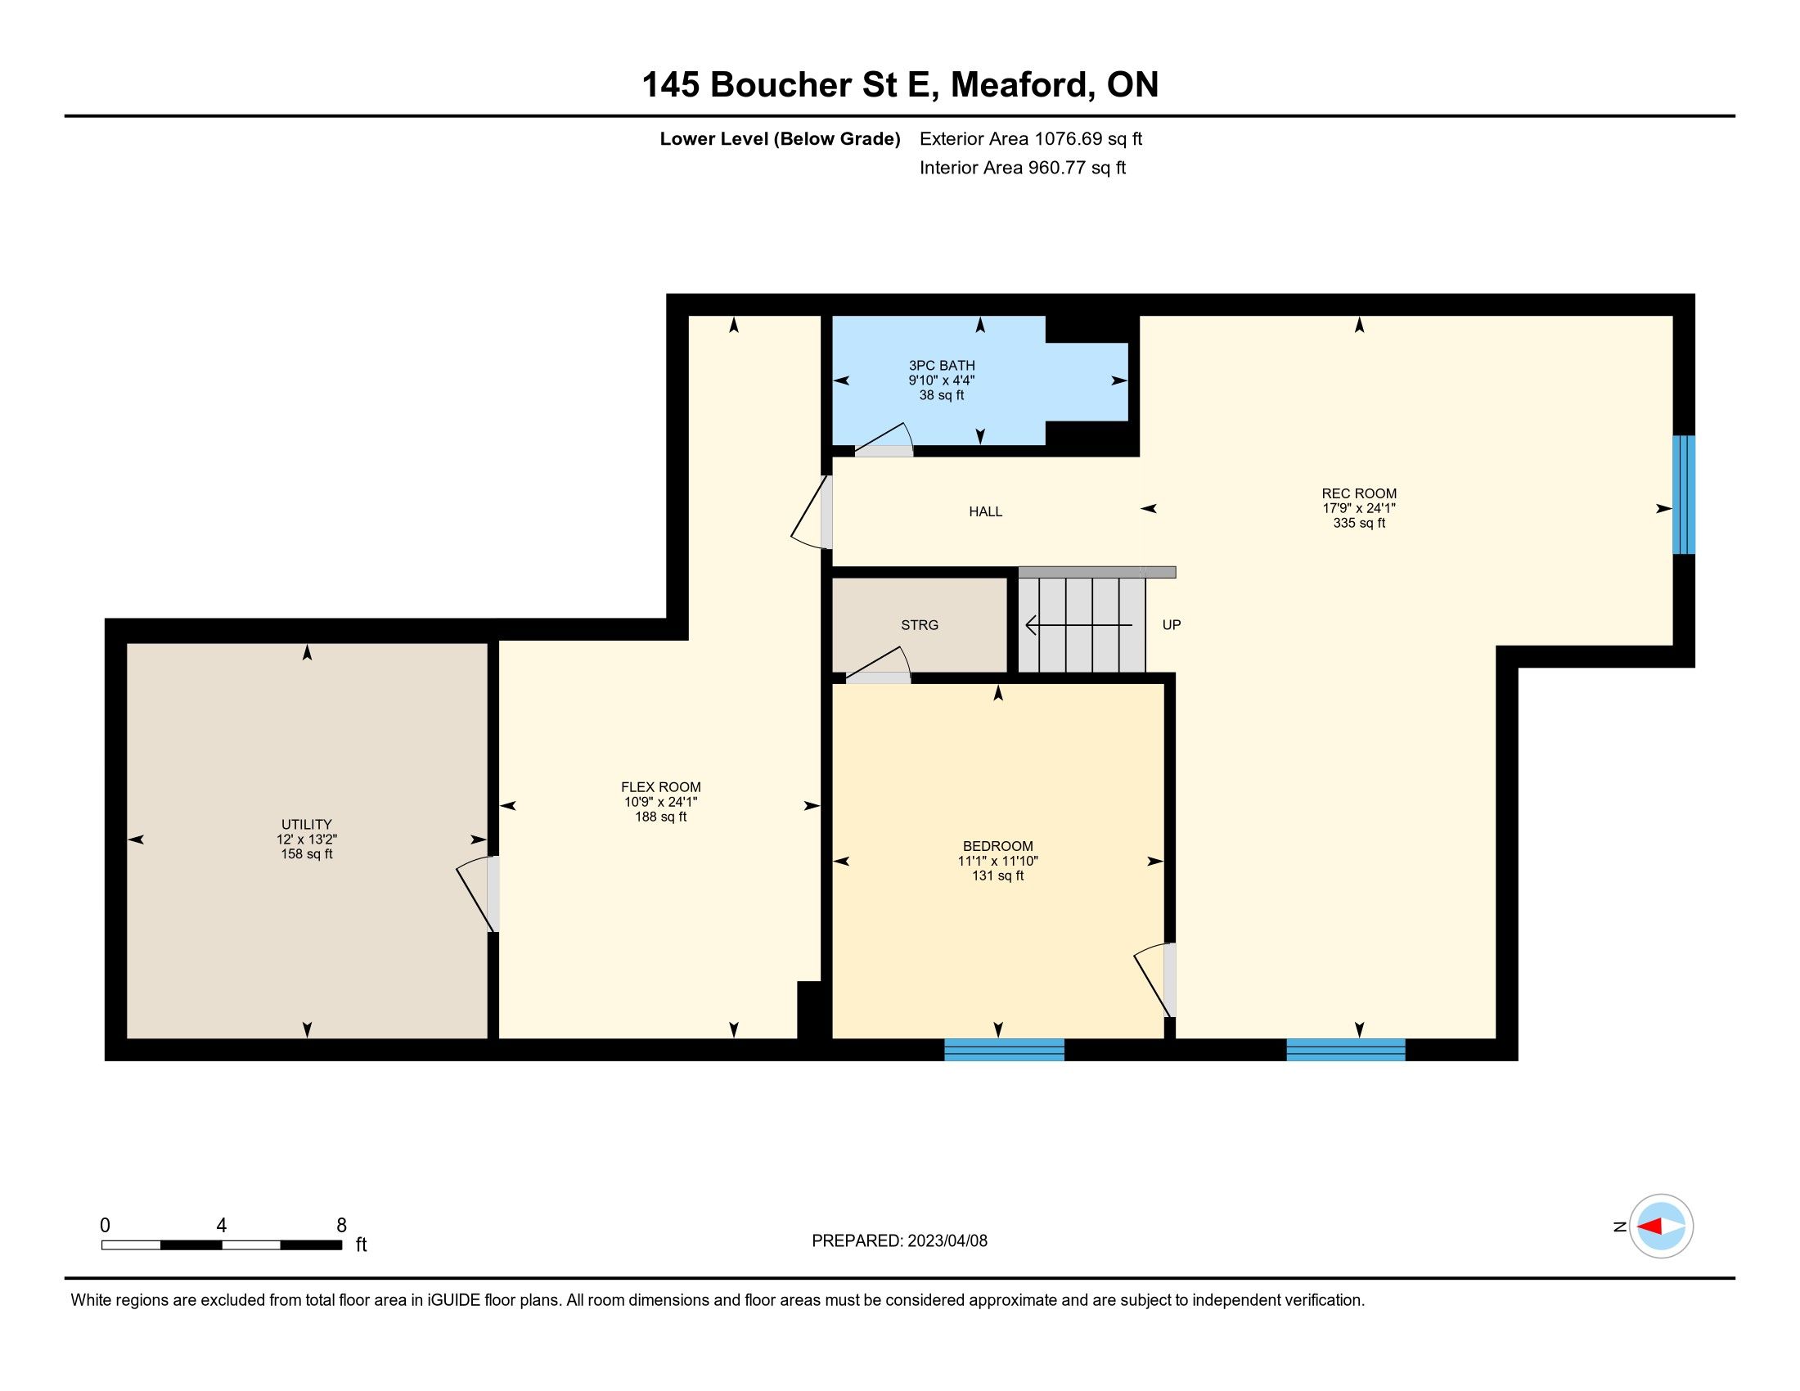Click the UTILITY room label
click(307, 824)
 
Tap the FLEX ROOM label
click(661, 787)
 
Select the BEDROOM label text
click(998, 846)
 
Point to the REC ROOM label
click(1359, 493)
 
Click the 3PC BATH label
click(942, 366)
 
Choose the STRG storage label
click(920, 624)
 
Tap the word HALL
click(986, 511)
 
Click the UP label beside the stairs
click(1171, 624)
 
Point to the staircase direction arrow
click(1079, 625)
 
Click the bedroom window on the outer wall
click(1004, 1049)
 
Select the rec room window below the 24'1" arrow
click(1346, 1049)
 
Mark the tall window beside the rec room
click(1684, 494)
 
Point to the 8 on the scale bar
click(341, 1225)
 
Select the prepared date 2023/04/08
click(945, 1240)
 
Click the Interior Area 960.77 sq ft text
click(1022, 168)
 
